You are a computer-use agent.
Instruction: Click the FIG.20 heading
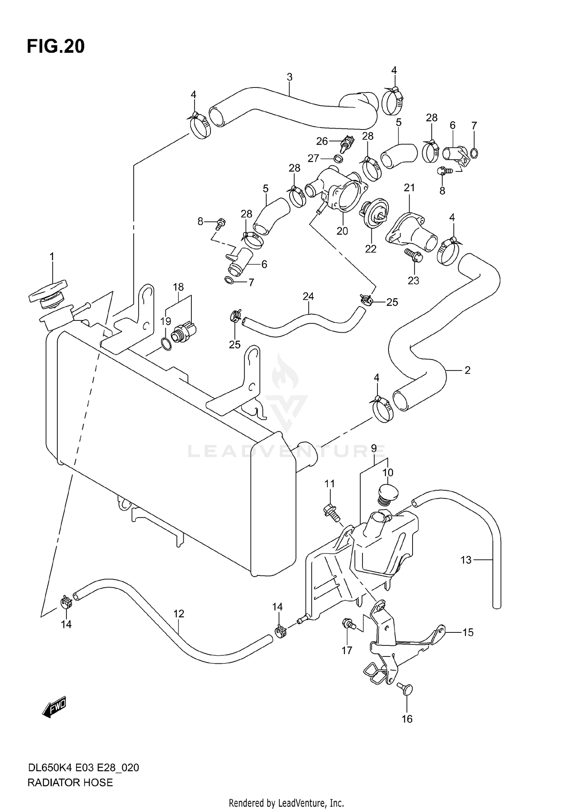[56, 47]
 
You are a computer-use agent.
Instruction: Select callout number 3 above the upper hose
[290, 77]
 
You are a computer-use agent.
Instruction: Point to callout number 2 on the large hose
[467, 370]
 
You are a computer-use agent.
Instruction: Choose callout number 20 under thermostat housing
[342, 231]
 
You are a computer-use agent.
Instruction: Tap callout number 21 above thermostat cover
[409, 188]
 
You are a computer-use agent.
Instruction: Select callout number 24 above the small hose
[308, 296]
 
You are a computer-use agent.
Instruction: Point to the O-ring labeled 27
[338, 158]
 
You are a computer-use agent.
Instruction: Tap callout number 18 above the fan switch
[178, 287]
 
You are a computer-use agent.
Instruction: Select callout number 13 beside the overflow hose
[466, 560]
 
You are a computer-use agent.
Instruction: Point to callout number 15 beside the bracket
[468, 632]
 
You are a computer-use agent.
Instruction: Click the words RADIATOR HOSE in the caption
[70, 783]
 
